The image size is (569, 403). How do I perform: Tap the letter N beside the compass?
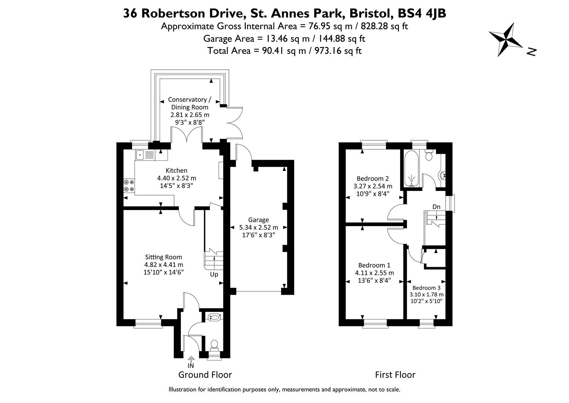(531, 52)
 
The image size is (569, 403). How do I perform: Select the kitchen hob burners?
(129, 185)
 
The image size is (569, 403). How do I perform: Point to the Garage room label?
(259, 220)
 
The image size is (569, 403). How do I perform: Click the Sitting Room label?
(163, 257)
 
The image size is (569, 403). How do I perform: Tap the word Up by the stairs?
(214, 275)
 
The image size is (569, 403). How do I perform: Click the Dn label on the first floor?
(436, 207)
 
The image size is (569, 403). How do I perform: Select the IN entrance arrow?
(191, 360)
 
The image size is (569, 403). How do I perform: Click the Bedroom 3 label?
(426, 288)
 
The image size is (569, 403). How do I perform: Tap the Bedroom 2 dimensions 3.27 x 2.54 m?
(373, 186)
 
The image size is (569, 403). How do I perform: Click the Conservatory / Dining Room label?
(189, 103)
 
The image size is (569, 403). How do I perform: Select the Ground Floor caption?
(205, 375)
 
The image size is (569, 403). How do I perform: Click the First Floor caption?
(395, 375)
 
